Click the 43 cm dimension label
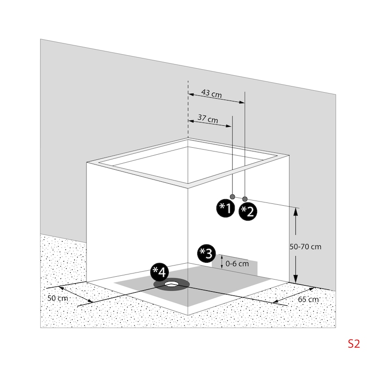click(x=211, y=93)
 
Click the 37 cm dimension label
click(x=208, y=119)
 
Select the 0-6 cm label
click(x=237, y=263)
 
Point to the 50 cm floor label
click(x=58, y=298)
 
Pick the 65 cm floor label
click(x=308, y=299)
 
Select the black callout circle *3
click(x=206, y=253)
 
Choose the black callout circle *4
click(x=159, y=272)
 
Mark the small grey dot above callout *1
click(x=232, y=196)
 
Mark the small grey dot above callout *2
click(x=245, y=199)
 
